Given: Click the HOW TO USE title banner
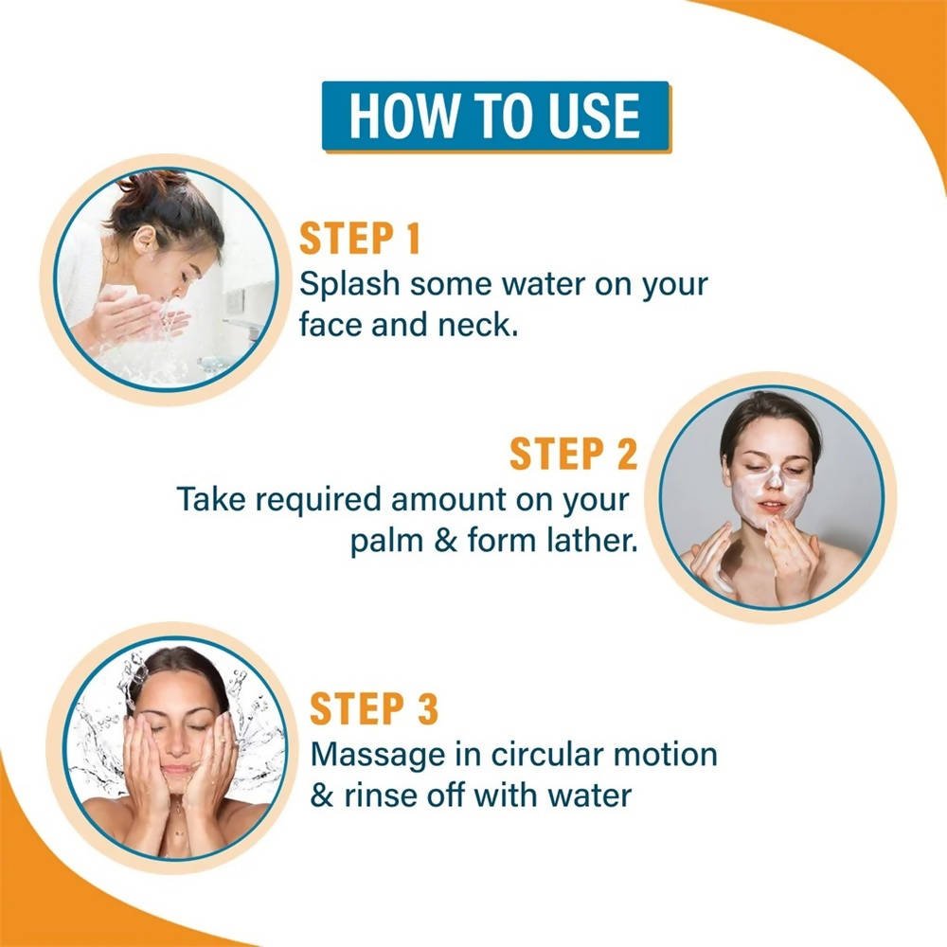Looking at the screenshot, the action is tap(496, 116).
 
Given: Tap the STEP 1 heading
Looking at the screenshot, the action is tap(360, 239).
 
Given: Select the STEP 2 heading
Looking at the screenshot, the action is tap(573, 454).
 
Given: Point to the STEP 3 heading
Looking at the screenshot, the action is tap(374, 708).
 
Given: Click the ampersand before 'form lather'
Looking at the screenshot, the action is tap(446, 541).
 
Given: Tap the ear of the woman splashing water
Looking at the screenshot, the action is tap(144, 240).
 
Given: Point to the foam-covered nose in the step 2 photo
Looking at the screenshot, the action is tap(775, 477).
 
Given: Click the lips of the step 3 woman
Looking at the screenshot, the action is tap(175, 771).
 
